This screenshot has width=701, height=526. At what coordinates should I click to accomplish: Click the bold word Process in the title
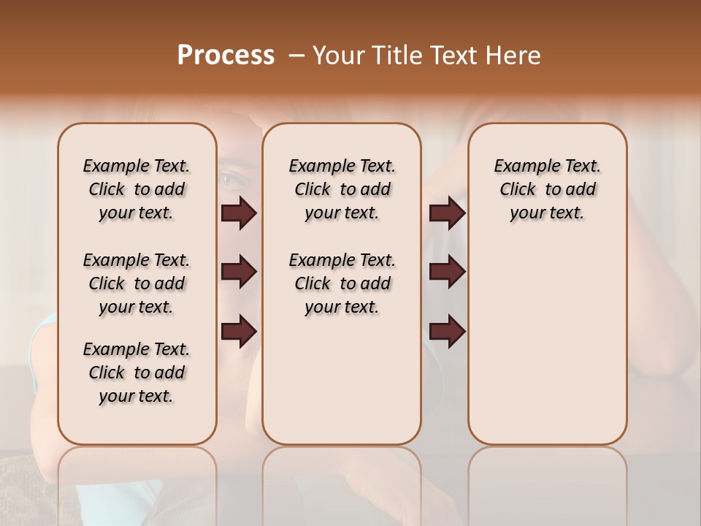[226, 56]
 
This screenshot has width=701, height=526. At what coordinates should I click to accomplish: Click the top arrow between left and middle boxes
[239, 213]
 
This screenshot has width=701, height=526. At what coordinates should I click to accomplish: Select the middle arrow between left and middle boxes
[239, 272]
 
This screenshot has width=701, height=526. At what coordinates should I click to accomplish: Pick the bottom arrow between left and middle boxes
[239, 332]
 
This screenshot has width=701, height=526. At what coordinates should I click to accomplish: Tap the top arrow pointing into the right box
[447, 213]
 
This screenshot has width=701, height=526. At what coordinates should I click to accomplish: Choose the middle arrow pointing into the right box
[447, 272]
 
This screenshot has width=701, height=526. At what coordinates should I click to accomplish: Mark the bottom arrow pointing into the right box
[447, 332]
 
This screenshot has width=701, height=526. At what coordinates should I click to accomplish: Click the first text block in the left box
[137, 189]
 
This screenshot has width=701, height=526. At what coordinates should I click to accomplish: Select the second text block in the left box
[137, 283]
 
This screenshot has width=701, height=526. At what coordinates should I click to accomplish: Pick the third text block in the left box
[137, 373]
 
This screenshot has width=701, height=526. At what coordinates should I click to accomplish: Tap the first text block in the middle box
[342, 189]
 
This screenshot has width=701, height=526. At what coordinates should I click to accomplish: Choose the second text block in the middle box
[342, 283]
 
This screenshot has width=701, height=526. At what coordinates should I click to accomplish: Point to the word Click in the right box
[518, 190]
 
